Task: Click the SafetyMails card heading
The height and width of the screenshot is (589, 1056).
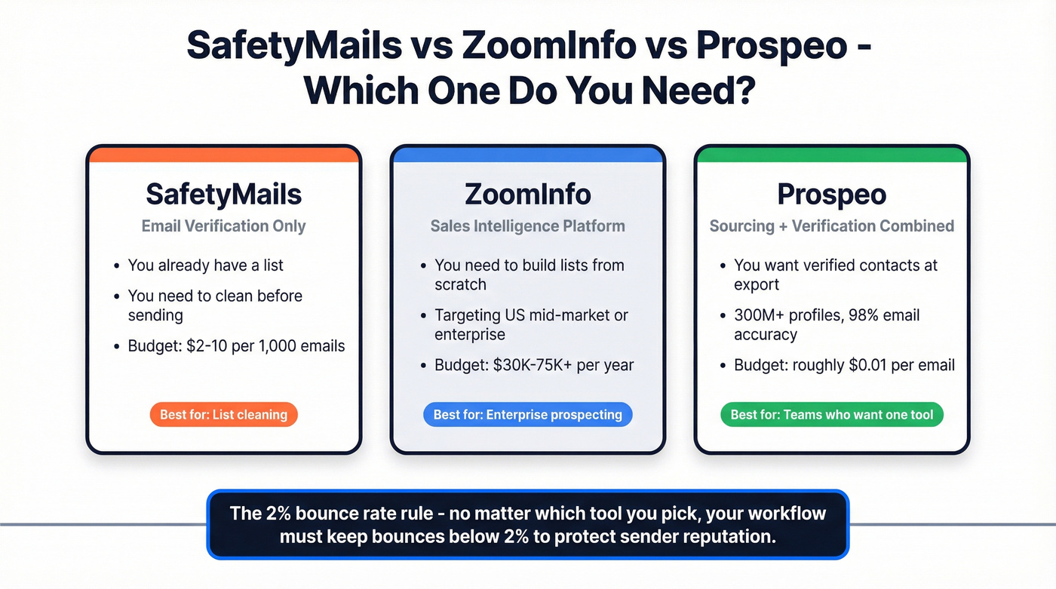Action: (x=223, y=195)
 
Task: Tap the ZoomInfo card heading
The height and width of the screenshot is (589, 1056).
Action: (x=527, y=195)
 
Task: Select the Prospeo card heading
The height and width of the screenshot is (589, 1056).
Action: (x=831, y=195)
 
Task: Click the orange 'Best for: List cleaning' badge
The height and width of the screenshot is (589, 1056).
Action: (x=224, y=414)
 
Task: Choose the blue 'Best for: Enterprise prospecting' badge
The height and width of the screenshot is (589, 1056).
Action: (x=527, y=414)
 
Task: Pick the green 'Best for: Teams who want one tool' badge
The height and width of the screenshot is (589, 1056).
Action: (x=831, y=414)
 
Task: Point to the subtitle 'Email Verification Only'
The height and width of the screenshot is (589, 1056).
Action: (x=223, y=226)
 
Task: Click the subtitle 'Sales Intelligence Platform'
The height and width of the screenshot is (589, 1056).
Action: (x=527, y=226)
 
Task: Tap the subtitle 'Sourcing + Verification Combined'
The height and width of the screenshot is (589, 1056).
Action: (x=831, y=226)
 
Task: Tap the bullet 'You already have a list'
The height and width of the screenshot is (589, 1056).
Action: (x=205, y=265)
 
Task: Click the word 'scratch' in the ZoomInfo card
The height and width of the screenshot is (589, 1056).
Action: (x=460, y=285)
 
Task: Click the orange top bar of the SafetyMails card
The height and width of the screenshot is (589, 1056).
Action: (x=223, y=155)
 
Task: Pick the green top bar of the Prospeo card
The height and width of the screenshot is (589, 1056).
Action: (x=831, y=155)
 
